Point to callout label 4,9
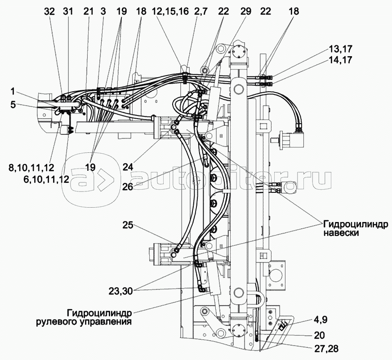321,320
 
